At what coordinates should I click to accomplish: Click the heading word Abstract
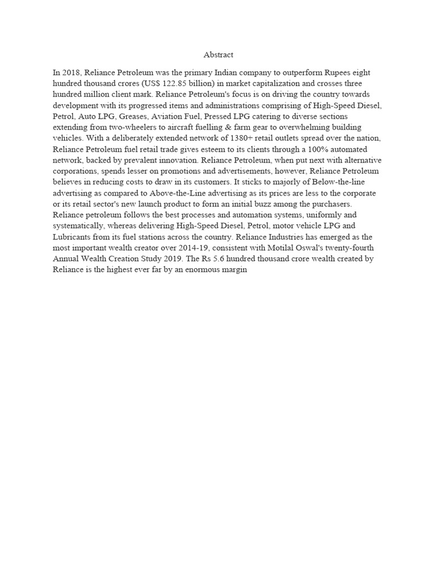tap(218, 55)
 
